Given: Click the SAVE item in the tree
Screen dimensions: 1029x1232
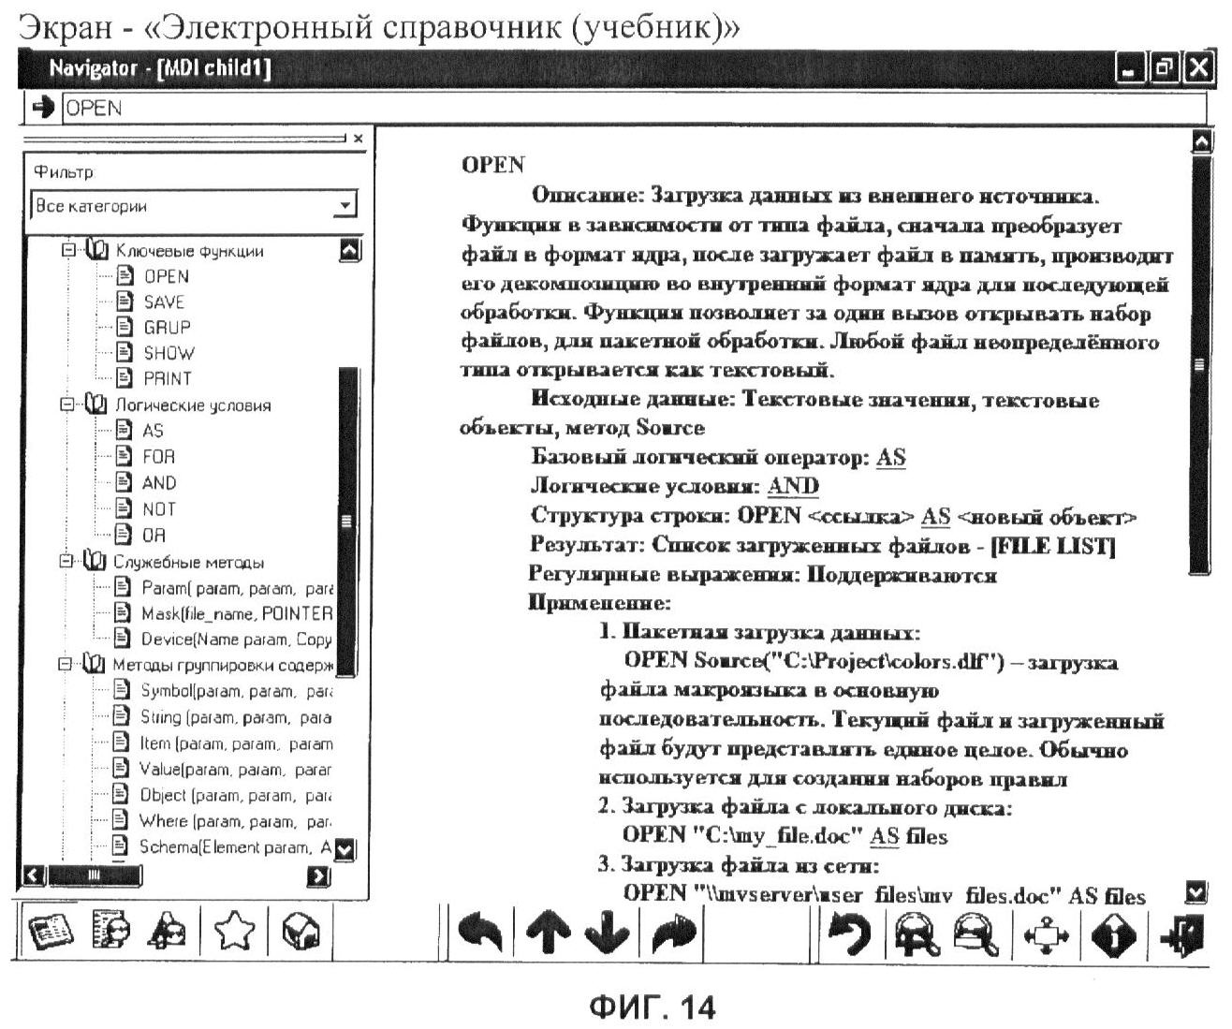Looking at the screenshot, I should pos(164,301).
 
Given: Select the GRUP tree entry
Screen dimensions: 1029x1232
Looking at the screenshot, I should pos(167,328).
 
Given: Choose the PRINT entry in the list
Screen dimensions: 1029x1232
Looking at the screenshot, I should pos(167,379).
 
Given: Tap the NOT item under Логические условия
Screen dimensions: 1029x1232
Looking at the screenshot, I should pos(159,509).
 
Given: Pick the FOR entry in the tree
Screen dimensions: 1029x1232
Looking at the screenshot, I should pos(158,457).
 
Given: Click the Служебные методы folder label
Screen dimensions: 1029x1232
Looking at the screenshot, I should pos(188,563).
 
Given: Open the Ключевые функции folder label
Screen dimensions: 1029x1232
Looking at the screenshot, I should pos(189,251).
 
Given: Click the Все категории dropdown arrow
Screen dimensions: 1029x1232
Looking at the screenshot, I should pos(345,205).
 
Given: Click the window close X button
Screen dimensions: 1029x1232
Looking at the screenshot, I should pos(1198,68).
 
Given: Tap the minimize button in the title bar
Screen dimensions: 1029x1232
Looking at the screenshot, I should pos(1132,68).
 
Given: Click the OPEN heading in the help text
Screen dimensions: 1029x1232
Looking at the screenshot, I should pos(493,166).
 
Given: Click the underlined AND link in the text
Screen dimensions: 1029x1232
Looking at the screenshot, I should pos(792,487).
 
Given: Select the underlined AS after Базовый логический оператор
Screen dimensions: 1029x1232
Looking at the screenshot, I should pos(890,458).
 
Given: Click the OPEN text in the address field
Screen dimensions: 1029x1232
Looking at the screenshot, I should pos(94,109).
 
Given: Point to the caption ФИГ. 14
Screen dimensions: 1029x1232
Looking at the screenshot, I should pos(652,1007).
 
